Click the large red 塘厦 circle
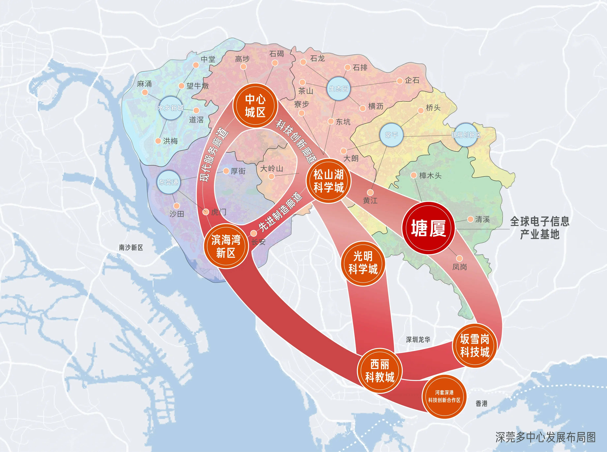point(428,228)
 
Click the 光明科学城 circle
point(363,263)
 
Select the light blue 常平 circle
point(391,135)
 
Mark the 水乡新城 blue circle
point(171,108)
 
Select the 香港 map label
point(481,404)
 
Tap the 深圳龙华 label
point(418,340)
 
